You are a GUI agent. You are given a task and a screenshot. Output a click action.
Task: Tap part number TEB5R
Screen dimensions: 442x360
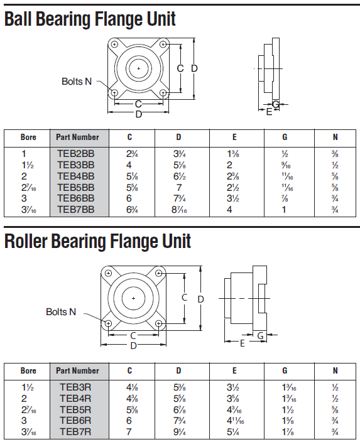pyautogui.click(x=75, y=409)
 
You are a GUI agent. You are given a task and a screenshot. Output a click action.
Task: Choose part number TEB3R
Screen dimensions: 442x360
pyautogui.click(x=75, y=387)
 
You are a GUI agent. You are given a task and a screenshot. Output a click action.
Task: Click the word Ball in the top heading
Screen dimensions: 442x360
pyautogui.click(x=23, y=19)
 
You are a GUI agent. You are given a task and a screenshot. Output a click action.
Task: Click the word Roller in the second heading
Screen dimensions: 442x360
pyautogui.click(x=31, y=241)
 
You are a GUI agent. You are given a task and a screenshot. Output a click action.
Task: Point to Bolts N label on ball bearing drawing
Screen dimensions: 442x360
pyautogui.click(x=77, y=82)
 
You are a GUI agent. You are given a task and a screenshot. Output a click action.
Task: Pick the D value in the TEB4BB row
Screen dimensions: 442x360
pyautogui.click(x=178, y=176)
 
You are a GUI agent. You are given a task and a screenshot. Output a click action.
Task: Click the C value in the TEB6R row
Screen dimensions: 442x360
pyautogui.click(x=129, y=421)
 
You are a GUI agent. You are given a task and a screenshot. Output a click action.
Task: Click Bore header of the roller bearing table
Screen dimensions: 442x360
pyautogui.click(x=28, y=370)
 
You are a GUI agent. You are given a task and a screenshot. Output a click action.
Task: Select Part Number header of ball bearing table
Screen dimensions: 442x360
pyautogui.click(x=77, y=137)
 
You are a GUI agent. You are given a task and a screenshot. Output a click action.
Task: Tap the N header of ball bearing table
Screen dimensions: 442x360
pyautogui.click(x=335, y=137)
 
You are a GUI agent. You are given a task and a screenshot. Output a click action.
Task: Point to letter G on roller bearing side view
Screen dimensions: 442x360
pyautogui.click(x=260, y=335)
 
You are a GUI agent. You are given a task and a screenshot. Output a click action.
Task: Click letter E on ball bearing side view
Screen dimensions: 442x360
pyautogui.click(x=269, y=111)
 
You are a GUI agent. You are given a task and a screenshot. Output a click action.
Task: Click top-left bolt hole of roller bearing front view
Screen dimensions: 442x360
pyautogui.click(x=109, y=274)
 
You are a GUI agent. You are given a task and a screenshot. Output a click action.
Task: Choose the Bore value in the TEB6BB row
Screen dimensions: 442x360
pyautogui.click(x=24, y=198)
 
